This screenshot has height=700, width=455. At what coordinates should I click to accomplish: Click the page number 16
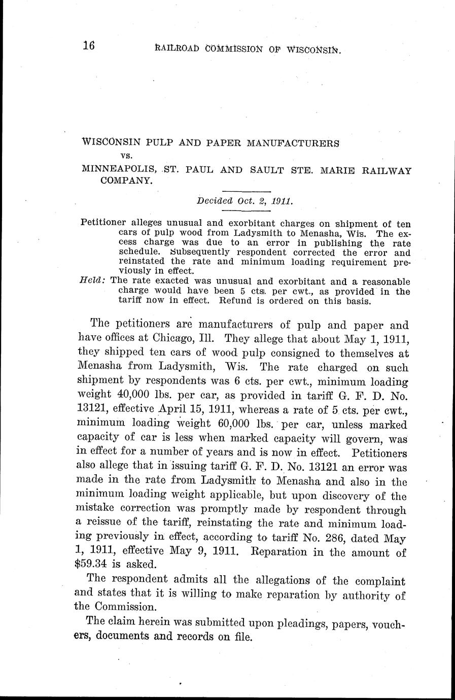click(x=89, y=46)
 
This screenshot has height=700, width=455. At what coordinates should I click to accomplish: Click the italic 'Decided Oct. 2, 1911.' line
click(x=245, y=200)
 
